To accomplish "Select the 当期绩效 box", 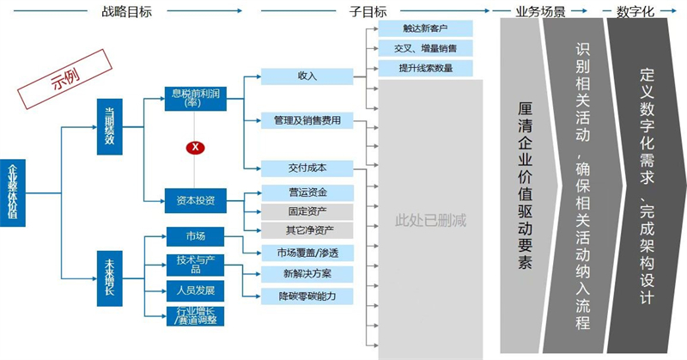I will [x=110, y=127].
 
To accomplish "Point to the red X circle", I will [x=197, y=147].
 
